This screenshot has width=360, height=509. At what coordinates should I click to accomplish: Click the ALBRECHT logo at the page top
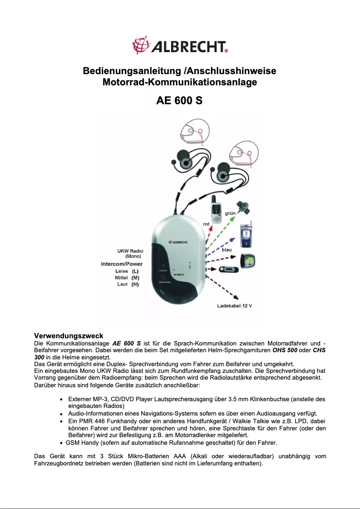click(x=180, y=46)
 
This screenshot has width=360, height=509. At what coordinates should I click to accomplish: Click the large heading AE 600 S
click(x=179, y=100)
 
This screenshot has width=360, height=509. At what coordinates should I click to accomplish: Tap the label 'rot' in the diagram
click(x=206, y=223)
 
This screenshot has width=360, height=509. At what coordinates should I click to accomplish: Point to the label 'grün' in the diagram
click(x=231, y=212)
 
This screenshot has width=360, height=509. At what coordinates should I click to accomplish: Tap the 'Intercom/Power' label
click(x=122, y=264)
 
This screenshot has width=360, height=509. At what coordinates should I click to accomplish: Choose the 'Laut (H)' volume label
click(x=127, y=284)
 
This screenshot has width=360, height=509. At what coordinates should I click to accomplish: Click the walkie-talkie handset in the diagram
click(x=215, y=210)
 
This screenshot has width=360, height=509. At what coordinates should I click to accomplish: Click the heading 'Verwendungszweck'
click(x=69, y=336)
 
